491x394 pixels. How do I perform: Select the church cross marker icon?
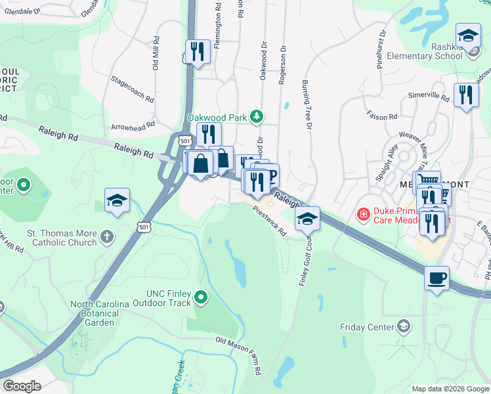click(107, 235)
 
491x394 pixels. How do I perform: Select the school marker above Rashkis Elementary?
click(467, 35)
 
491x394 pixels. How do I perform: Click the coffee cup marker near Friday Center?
click(437, 279)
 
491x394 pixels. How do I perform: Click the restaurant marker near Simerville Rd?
click(466, 95)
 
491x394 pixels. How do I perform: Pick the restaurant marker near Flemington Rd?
click(197, 51)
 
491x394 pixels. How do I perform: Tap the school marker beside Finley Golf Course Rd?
click(307, 219)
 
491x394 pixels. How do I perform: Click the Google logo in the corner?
click(22, 386)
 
